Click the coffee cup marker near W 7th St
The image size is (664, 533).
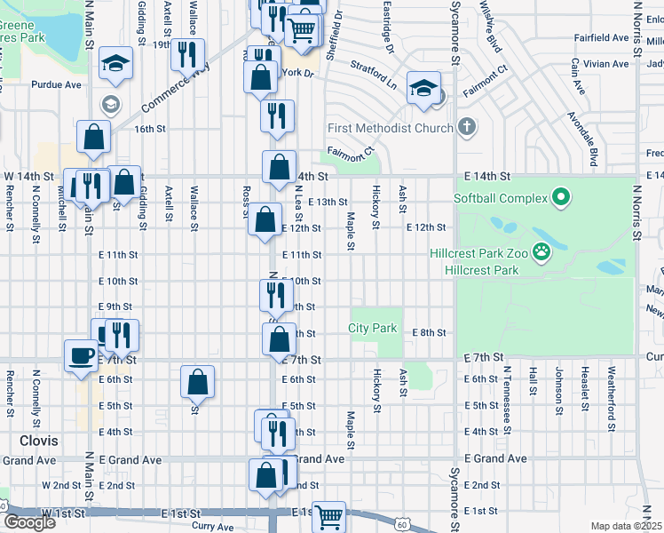[x=81, y=355]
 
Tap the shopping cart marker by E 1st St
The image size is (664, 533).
[x=328, y=516]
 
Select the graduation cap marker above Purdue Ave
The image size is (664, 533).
[x=115, y=63]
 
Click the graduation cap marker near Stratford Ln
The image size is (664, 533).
[x=423, y=88]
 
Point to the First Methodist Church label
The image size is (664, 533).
[x=391, y=128]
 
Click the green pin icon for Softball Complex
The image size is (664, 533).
[x=560, y=197]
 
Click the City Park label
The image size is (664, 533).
[x=373, y=328]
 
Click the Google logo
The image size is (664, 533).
[x=29, y=522]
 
